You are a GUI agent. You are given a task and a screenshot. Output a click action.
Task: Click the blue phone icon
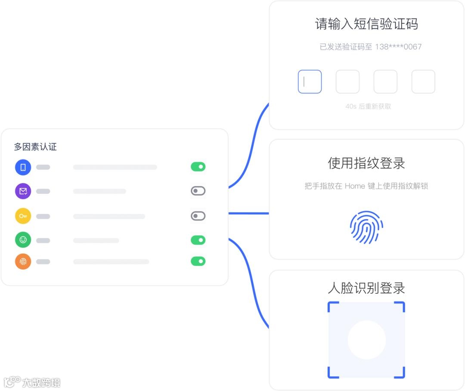click(x=23, y=167)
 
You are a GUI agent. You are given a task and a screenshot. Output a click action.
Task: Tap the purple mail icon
click(x=23, y=191)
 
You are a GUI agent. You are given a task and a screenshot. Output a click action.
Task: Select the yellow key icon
click(x=23, y=216)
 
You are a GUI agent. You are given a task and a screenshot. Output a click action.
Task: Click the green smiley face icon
click(x=23, y=240)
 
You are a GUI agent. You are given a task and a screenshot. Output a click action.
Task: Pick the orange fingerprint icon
click(x=23, y=261)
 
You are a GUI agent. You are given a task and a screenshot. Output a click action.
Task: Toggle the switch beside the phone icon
click(x=198, y=167)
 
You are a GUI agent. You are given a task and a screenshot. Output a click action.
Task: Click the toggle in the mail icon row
click(x=198, y=191)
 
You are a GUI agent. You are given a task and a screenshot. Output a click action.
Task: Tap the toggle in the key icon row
click(x=198, y=216)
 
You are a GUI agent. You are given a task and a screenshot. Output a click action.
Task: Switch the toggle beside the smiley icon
click(x=198, y=240)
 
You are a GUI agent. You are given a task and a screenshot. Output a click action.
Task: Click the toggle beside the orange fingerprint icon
click(x=198, y=261)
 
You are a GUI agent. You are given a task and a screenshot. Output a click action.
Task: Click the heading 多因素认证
click(x=35, y=147)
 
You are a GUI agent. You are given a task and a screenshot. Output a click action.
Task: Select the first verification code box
click(x=310, y=81)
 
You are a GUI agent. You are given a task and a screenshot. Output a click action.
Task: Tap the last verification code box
click(x=423, y=81)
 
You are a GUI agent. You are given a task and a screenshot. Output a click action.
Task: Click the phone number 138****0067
click(x=398, y=47)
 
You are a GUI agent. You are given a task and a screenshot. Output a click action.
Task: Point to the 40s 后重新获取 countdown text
click(x=368, y=106)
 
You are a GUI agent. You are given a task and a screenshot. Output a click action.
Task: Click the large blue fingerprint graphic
click(x=366, y=227)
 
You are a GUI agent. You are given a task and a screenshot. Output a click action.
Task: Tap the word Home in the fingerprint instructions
click(x=355, y=186)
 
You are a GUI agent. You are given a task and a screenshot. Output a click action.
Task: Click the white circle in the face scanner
click(x=366, y=340)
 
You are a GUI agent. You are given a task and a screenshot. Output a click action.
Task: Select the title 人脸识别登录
click(x=366, y=288)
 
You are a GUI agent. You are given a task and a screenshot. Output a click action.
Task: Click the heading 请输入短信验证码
click(x=366, y=24)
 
